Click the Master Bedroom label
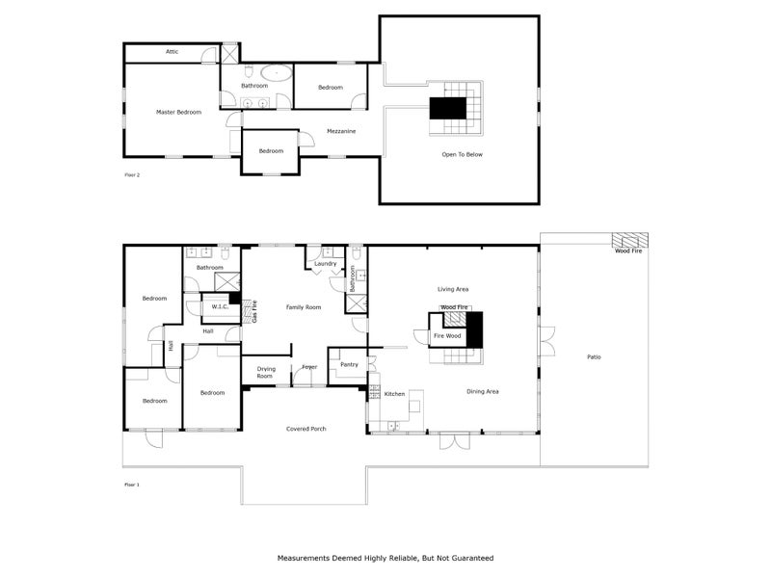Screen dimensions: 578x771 click(179, 113)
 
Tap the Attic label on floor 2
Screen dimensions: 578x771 click(172, 52)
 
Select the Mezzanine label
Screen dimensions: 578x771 click(341, 131)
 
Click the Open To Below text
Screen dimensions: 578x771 click(462, 154)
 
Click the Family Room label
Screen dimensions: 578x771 click(304, 307)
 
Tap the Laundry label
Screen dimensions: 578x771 click(326, 263)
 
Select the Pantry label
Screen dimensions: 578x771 click(348, 365)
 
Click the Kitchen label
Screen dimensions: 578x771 click(395, 394)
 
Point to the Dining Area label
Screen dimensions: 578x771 click(482, 391)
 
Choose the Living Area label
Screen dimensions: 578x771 click(453, 288)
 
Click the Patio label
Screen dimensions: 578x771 click(594, 357)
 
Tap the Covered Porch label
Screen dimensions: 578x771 click(305, 429)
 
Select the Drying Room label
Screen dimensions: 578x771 click(266, 373)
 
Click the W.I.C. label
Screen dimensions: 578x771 click(218, 307)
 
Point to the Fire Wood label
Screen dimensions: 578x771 click(447, 336)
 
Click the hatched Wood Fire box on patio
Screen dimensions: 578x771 click(630, 240)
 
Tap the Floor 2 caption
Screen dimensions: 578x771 click(133, 174)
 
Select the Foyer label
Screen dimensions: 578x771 click(309, 367)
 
